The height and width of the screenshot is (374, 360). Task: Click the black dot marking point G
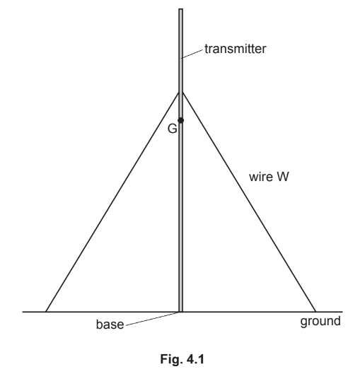[181, 120]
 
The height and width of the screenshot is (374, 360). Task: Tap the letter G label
[173, 129]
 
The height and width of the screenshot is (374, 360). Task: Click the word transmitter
[236, 49]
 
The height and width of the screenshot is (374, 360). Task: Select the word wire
[260, 177]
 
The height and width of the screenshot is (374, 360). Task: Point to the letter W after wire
[283, 177]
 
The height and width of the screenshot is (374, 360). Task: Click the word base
[110, 324]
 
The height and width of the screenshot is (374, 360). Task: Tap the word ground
[320, 322]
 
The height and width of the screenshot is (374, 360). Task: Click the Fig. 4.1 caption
[182, 359]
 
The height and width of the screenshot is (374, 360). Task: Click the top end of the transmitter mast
[181, 9]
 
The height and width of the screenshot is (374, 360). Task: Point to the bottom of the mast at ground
[181, 311]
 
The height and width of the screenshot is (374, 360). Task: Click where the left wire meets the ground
[46, 312]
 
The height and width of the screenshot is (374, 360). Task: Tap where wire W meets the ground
[315, 312]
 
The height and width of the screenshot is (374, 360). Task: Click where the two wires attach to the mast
[181, 93]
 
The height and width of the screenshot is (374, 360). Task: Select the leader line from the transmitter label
[193, 54]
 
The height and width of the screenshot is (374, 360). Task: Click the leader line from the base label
[152, 319]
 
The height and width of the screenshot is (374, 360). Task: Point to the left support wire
[112, 201]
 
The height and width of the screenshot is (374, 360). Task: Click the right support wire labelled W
[249, 201]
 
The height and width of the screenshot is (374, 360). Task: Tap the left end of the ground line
[23, 312]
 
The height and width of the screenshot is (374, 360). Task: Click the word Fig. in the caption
[169, 359]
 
